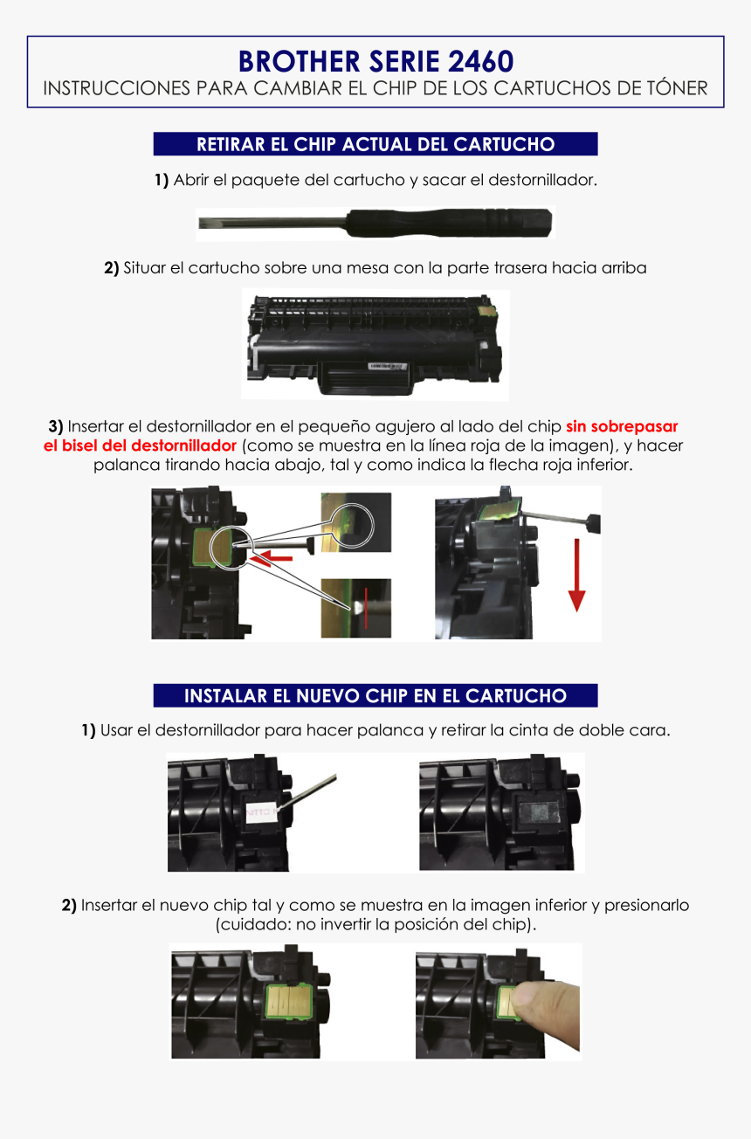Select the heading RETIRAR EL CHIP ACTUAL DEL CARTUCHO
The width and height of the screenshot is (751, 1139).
pyautogui.click(x=375, y=144)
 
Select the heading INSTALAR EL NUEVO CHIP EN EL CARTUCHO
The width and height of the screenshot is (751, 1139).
pyautogui.click(x=375, y=696)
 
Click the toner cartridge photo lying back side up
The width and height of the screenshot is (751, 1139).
pyautogui.click(x=375, y=344)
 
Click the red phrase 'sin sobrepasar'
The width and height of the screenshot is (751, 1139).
pyautogui.click(x=622, y=427)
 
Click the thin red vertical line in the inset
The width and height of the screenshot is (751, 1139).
pyautogui.click(x=366, y=608)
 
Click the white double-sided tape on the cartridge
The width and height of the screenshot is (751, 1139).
pyautogui.click(x=261, y=811)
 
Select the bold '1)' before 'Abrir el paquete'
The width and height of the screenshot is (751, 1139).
pyautogui.click(x=161, y=181)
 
